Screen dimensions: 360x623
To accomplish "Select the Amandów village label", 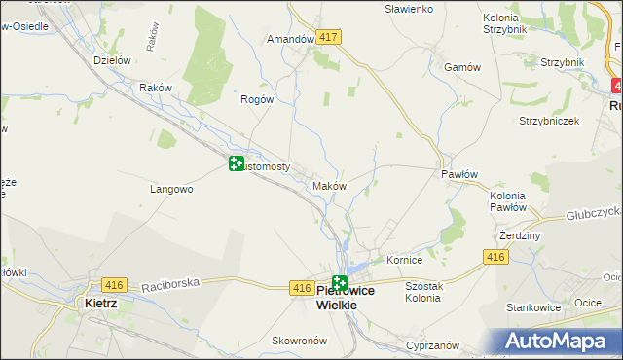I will coord(290,40).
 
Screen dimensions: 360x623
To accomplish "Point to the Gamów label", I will coord(462,67).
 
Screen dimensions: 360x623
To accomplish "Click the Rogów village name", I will coord(257,98).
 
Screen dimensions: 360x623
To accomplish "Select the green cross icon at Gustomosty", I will coord(236,163).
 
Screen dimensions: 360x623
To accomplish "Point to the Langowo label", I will coord(171,189).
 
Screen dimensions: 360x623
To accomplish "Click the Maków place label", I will coord(327,185).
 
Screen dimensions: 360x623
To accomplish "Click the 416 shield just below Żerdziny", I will coord(495,256).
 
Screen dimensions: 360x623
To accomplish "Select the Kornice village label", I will coord(404,261).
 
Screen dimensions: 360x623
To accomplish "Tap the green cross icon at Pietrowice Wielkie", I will coord(339,284).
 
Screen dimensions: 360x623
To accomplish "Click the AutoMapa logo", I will coord(561,341).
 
